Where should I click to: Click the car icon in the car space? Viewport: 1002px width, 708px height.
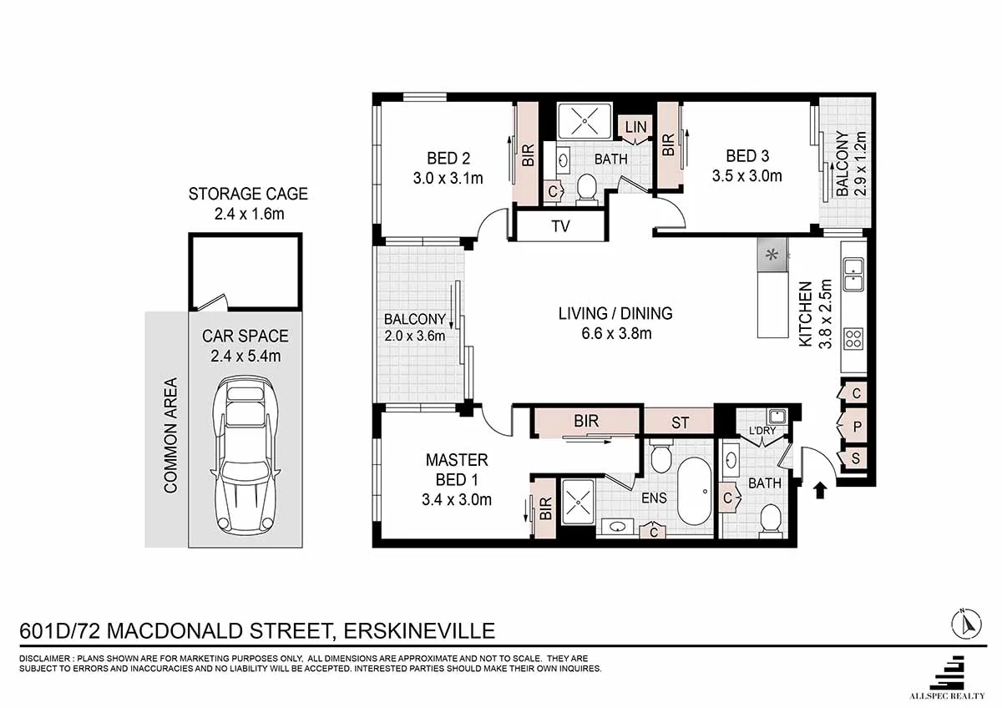click(245, 457)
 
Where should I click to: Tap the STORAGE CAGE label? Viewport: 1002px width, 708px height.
click(248, 194)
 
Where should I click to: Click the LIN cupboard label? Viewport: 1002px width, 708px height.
click(635, 127)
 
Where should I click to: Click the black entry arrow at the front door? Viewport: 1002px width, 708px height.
click(819, 489)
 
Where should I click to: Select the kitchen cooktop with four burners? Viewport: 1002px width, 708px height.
click(853, 338)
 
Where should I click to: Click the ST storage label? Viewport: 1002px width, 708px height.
click(680, 422)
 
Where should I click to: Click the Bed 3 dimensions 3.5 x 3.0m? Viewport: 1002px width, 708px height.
click(746, 175)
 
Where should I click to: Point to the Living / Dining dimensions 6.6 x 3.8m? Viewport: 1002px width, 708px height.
click(615, 334)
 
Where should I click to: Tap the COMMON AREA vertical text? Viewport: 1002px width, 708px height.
click(170, 435)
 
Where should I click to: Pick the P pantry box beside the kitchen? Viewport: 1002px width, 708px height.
click(857, 426)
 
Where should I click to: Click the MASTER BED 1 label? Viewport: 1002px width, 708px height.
click(457, 469)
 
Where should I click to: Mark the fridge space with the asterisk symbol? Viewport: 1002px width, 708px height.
click(772, 255)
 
